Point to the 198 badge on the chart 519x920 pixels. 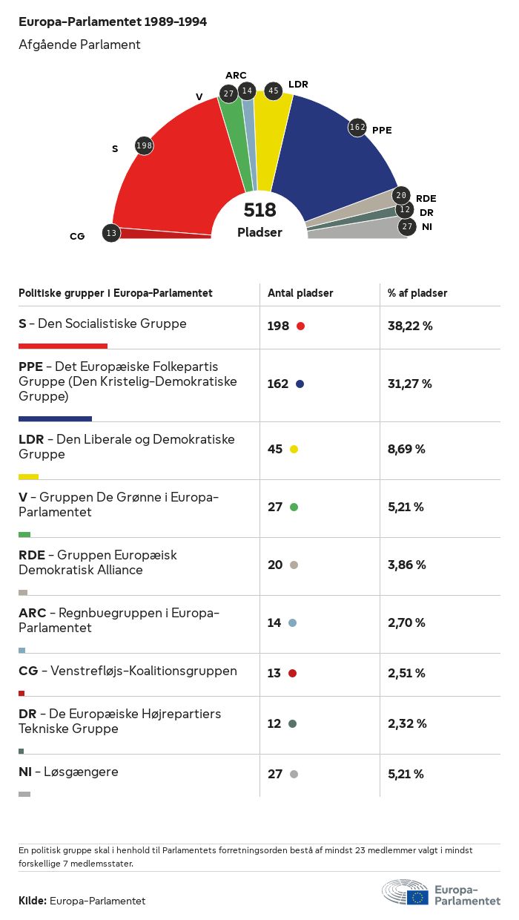tap(144, 145)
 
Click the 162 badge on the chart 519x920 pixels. tap(357, 128)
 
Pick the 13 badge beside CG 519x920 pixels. tap(111, 233)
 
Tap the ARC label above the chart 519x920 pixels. tap(236, 76)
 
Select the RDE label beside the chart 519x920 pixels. tap(426, 198)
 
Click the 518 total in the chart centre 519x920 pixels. tap(259, 210)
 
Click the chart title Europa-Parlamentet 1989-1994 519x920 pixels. tap(113, 22)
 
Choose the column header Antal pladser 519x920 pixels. tap(300, 293)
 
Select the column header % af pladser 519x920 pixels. tap(417, 293)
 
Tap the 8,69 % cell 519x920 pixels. tap(406, 449)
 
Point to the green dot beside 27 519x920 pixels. tap(294, 507)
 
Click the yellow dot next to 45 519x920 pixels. tap(294, 450)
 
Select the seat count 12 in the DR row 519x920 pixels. tap(274, 723)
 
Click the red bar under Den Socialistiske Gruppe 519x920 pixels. tap(63, 346)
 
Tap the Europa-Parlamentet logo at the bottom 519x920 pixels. tap(440, 894)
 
